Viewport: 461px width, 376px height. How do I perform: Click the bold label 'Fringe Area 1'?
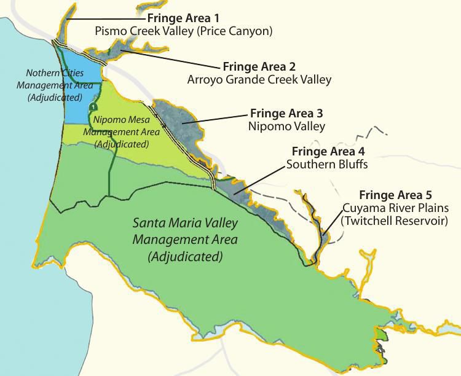coord(183,17)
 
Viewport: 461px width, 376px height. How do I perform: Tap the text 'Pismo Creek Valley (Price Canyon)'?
coord(183,30)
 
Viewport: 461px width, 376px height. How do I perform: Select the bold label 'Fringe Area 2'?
coord(259,66)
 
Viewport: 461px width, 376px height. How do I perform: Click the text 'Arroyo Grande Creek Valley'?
coord(259,79)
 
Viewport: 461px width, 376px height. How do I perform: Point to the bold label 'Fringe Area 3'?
coord(287,114)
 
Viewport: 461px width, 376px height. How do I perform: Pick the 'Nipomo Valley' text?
coord(287,127)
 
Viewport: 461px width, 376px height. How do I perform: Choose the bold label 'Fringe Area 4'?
coord(328,151)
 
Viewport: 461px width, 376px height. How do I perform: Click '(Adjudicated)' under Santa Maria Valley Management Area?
coord(185,255)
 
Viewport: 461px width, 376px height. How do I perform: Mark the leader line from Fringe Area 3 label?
coord(218,119)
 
